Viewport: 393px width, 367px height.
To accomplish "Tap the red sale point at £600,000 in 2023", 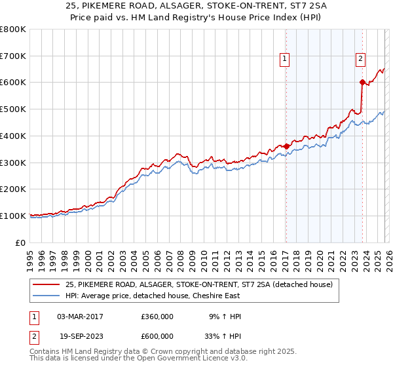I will (362, 82).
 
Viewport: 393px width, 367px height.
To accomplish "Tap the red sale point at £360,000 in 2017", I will (286, 146).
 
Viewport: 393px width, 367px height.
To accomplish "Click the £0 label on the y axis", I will (20, 242).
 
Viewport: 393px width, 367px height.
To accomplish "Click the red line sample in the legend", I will (45, 284).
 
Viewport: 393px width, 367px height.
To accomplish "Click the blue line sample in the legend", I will (45, 296).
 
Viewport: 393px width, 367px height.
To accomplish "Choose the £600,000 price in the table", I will (157, 336).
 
